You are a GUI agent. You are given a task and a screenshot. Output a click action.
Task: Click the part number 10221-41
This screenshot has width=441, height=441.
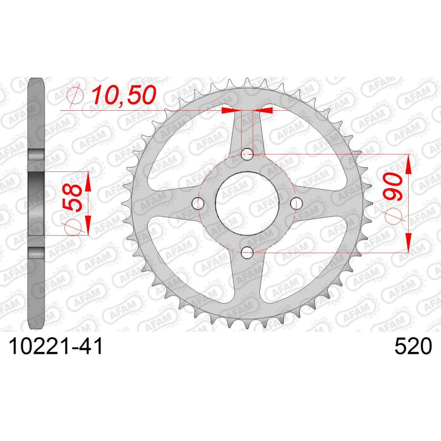(56, 346)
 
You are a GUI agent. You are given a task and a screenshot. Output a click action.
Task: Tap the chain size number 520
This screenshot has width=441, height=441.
(413, 346)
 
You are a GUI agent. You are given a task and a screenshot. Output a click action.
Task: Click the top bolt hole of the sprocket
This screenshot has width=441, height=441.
(247, 154)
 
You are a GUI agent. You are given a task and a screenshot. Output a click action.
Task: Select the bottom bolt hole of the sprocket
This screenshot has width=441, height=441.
(247, 252)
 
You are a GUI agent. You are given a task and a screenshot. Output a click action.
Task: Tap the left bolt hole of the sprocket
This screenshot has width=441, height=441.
(198, 203)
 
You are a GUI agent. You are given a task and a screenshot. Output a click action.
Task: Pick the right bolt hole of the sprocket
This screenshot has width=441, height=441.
(296, 203)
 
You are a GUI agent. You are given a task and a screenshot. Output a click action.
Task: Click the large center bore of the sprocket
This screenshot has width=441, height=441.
(247, 203)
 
